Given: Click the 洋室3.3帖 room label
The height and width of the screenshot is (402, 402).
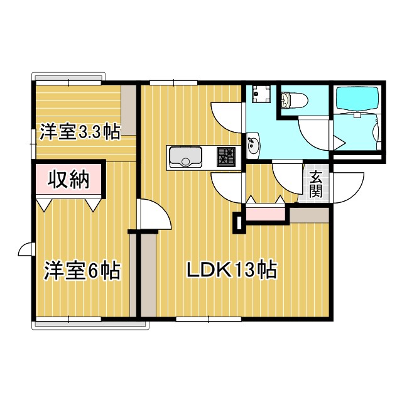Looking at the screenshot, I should (x=80, y=132).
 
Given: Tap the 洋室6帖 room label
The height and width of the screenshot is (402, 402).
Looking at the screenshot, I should (x=82, y=271).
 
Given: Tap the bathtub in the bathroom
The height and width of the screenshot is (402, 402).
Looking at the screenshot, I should (x=356, y=99).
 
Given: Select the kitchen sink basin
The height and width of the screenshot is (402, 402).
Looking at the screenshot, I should (x=185, y=156).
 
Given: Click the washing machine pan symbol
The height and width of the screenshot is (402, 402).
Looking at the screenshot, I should (x=259, y=95).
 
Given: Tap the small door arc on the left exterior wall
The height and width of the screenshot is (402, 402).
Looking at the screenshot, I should (x=25, y=250).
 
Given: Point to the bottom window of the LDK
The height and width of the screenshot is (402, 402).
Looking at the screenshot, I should (x=209, y=320).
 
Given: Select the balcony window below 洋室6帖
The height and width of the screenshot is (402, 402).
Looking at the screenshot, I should (x=88, y=324).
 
